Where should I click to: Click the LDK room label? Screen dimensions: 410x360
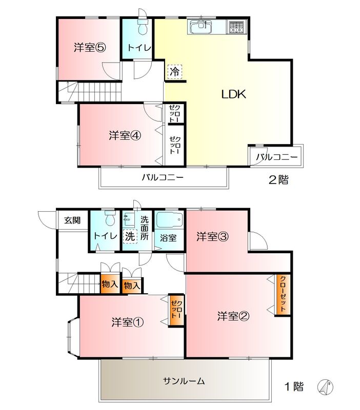click(x=234, y=94)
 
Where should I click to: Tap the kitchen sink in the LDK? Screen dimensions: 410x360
click(x=200, y=27)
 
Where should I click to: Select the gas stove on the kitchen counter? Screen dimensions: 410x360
click(x=236, y=27)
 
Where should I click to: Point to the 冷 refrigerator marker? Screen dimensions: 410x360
click(x=174, y=72)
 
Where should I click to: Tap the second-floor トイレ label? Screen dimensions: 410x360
click(x=138, y=48)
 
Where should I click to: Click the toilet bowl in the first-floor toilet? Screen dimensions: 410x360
click(x=109, y=219)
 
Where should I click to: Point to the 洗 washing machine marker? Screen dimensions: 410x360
click(x=130, y=236)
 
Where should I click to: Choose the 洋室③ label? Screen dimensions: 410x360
click(x=212, y=237)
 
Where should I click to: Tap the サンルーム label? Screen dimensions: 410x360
click(x=184, y=381)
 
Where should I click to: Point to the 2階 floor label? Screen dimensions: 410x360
click(x=278, y=180)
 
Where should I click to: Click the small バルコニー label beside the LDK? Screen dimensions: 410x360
click(x=276, y=157)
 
